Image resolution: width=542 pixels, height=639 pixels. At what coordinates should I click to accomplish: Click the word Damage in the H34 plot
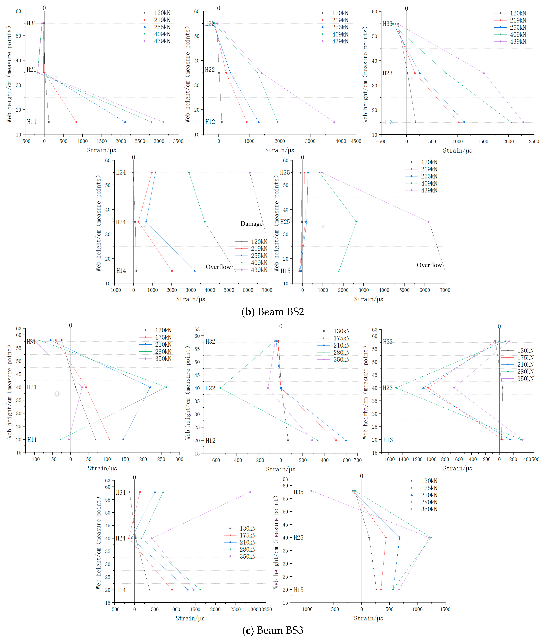tap(251, 224)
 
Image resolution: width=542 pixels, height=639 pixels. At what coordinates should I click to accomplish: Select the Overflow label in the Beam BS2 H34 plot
tap(218, 267)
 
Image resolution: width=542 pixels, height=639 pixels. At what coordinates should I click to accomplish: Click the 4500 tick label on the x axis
tap(356, 141)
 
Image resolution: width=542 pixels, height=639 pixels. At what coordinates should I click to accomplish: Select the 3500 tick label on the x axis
tap(178, 141)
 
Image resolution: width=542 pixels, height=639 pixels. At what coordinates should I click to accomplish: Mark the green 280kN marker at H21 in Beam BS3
tap(166, 387)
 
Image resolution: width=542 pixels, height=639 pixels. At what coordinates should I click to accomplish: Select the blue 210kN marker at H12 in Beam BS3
tap(346, 440)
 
